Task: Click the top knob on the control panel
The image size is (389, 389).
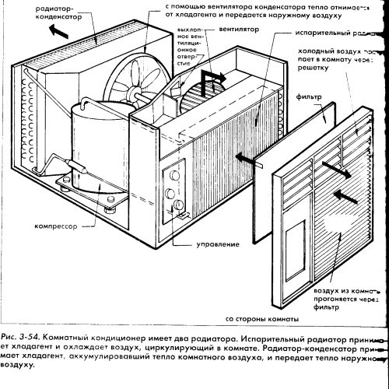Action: [170, 175]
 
